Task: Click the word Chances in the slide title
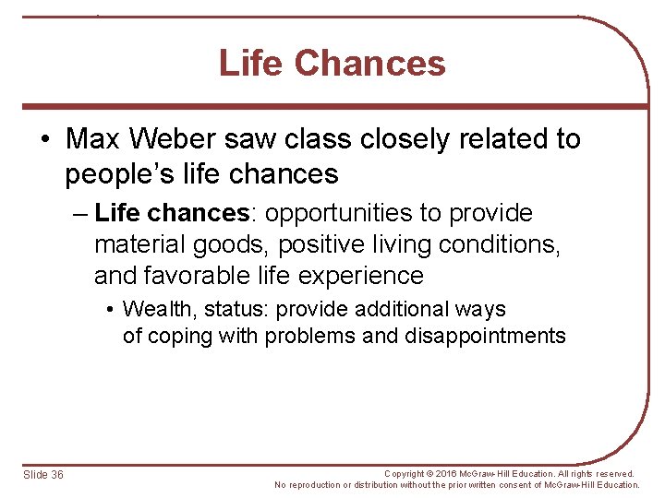tap(370, 64)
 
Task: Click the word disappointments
tap(485, 336)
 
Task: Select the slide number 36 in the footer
tap(56, 474)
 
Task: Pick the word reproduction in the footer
tap(316, 485)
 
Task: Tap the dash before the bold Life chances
tap(79, 214)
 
